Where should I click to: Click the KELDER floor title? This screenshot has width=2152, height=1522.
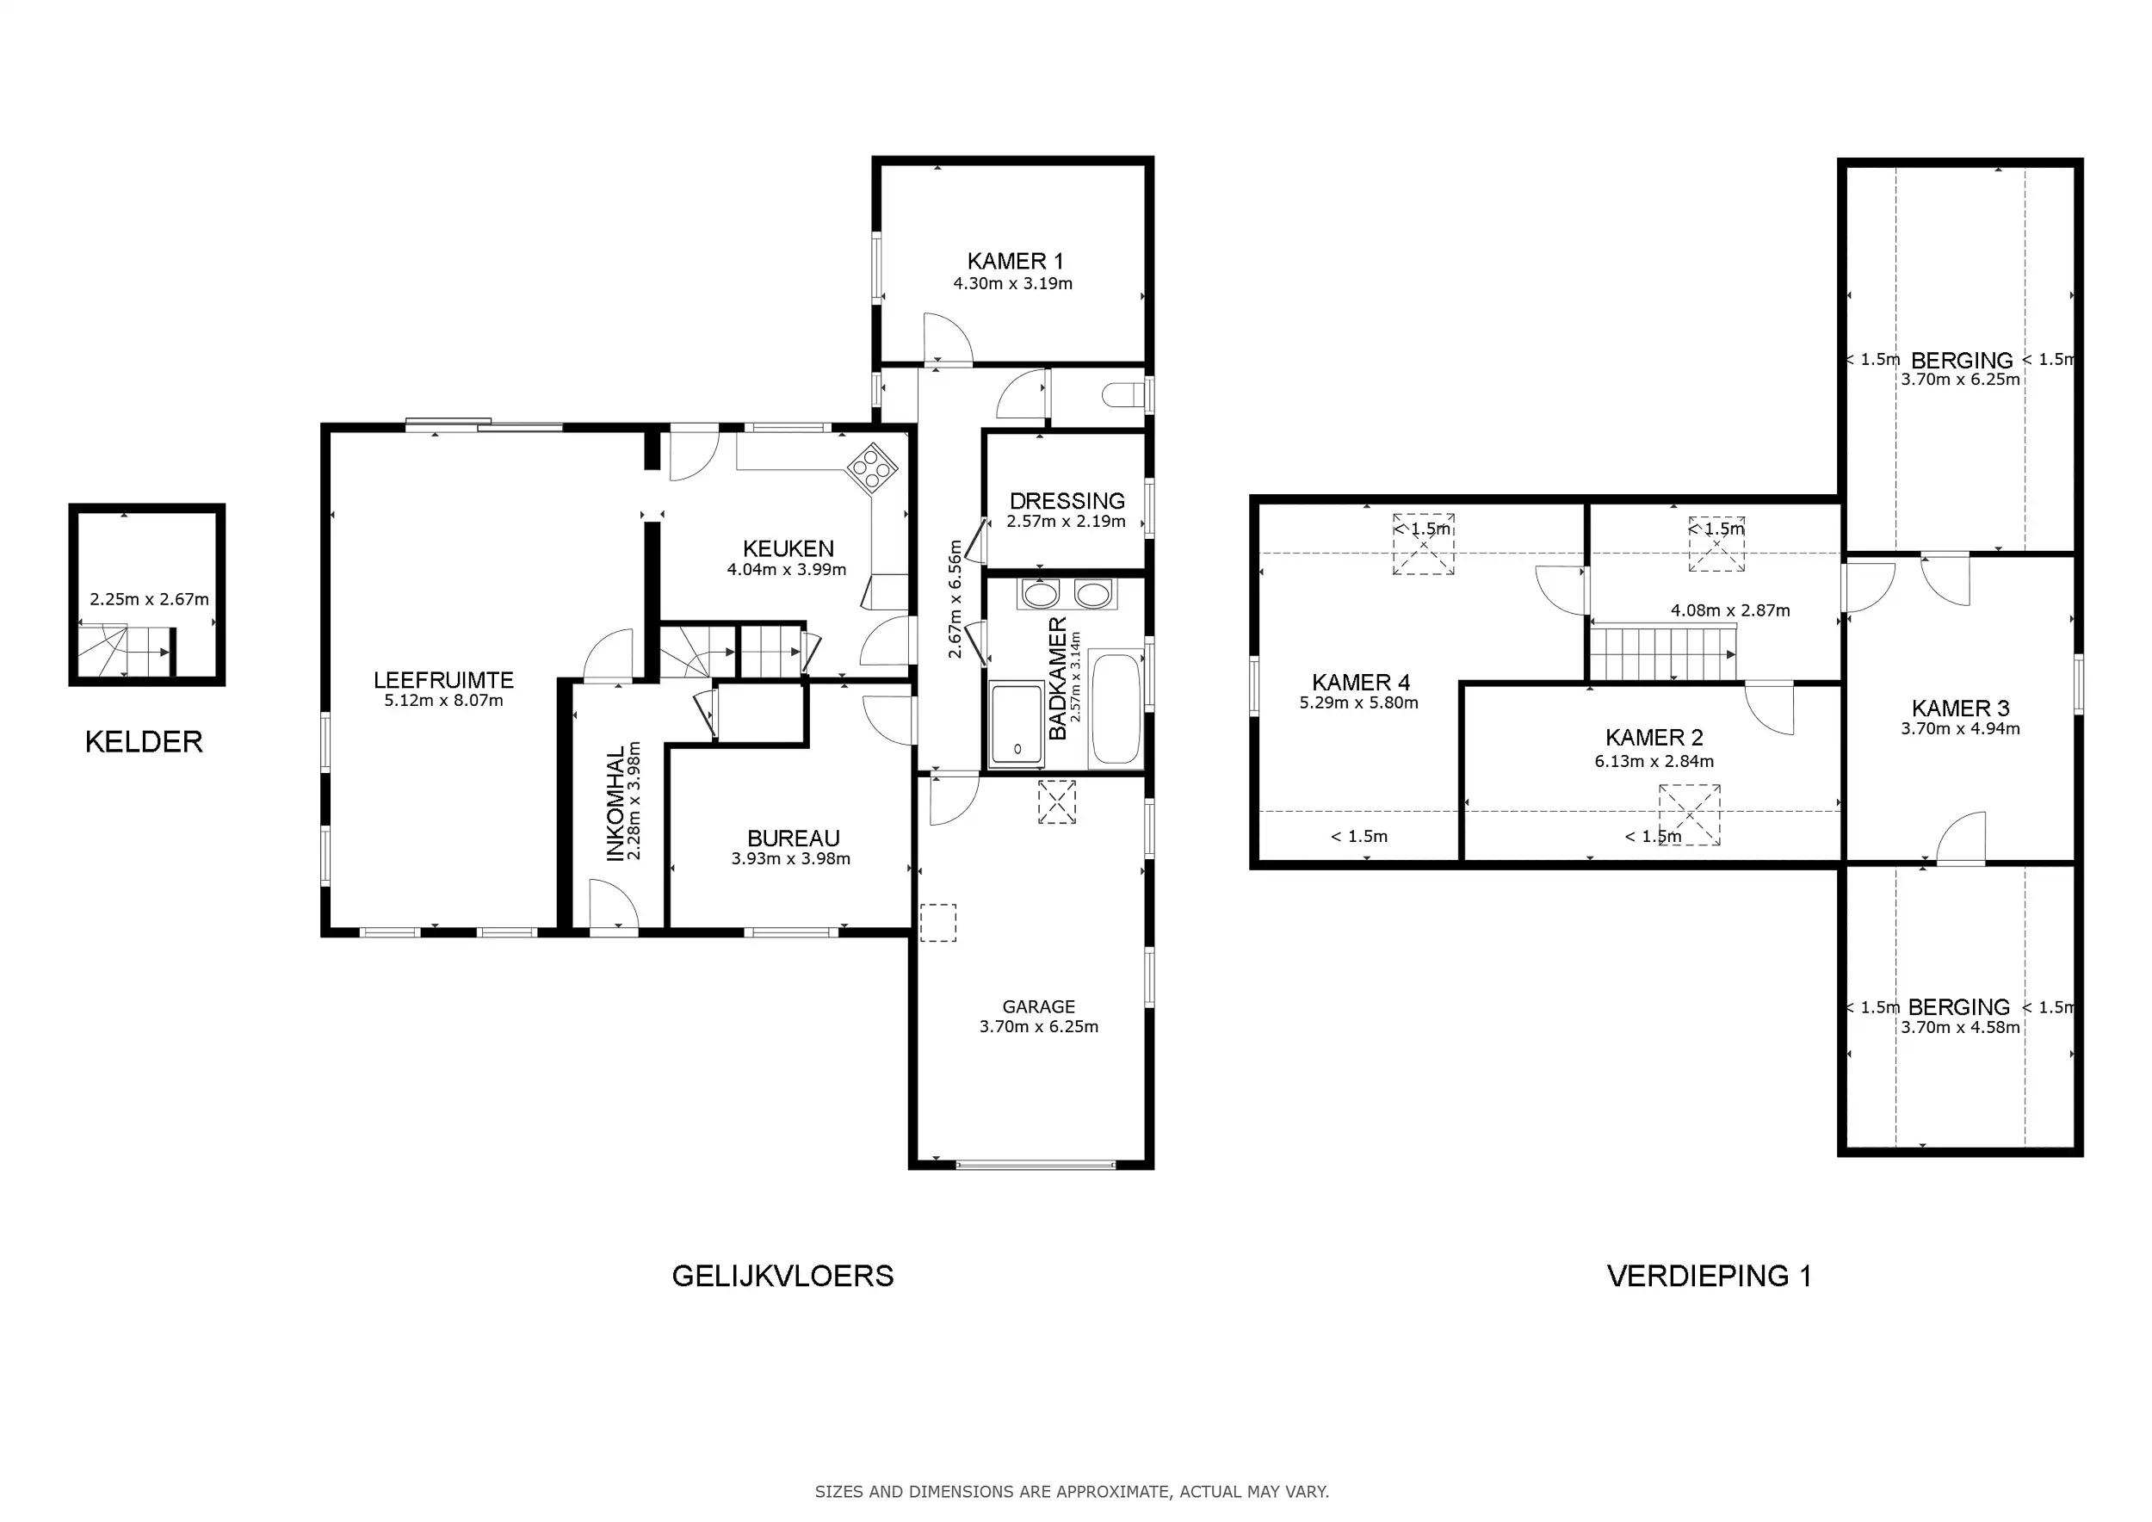[x=144, y=741]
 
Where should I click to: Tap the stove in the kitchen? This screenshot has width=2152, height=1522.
[x=872, y=467]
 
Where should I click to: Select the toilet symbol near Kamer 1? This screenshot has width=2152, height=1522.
[x=1124, y=395]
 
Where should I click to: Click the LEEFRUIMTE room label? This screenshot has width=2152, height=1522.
[x=443, y=679]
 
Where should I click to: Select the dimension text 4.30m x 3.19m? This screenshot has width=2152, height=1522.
[x=1013, y=283]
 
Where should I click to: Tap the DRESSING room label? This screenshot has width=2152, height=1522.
[x=1067, y=500]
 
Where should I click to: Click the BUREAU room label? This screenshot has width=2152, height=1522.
[x=793, y=838]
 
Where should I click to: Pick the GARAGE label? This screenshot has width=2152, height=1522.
[x=1038, y=1006]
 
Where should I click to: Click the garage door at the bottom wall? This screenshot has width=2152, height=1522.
[x=1036, y=1165]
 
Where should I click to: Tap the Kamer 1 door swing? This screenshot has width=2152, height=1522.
[x=947, y=338]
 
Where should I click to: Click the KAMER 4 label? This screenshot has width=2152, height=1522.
[x=1361, y=683]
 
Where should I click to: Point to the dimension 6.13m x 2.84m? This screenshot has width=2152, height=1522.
[x=1654, y=761]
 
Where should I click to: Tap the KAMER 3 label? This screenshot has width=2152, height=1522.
[x=1961, y=708]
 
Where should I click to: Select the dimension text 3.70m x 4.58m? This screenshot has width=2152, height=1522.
[x=1961, y=1027]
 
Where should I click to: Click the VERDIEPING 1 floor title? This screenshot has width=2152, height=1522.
[x=1710, y=1276]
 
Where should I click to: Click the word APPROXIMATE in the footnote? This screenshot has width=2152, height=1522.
[x=1112, y=1491]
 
